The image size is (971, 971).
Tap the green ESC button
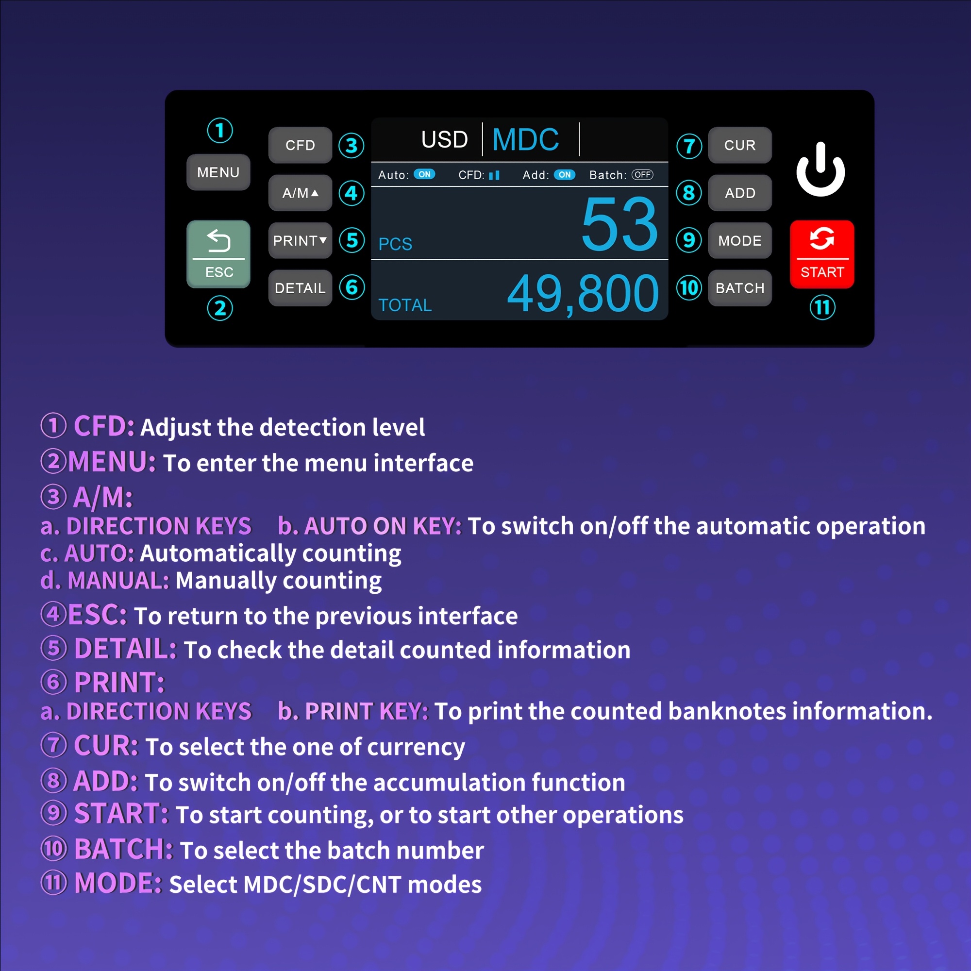(218, 254)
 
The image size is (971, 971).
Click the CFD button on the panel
(301, 145)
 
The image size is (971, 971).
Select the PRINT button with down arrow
(301, 241)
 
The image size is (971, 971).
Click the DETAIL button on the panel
(301, 288)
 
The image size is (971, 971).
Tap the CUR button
(740, 145)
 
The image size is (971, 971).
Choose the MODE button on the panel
(740, 241)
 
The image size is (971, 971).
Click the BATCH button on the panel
(740, 288)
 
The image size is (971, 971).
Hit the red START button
(822, 254)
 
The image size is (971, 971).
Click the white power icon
(820, 169)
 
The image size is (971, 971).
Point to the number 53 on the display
(619, 224)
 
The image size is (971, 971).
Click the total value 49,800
(583, 294)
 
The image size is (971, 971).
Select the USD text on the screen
(445, 140)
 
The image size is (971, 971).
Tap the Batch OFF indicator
(642, 175)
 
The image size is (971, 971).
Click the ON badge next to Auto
(425, 174)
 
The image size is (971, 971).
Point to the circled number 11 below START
(823, 308)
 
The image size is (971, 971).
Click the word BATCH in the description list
(124, 849)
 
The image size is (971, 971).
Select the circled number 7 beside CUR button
(689, 146)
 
